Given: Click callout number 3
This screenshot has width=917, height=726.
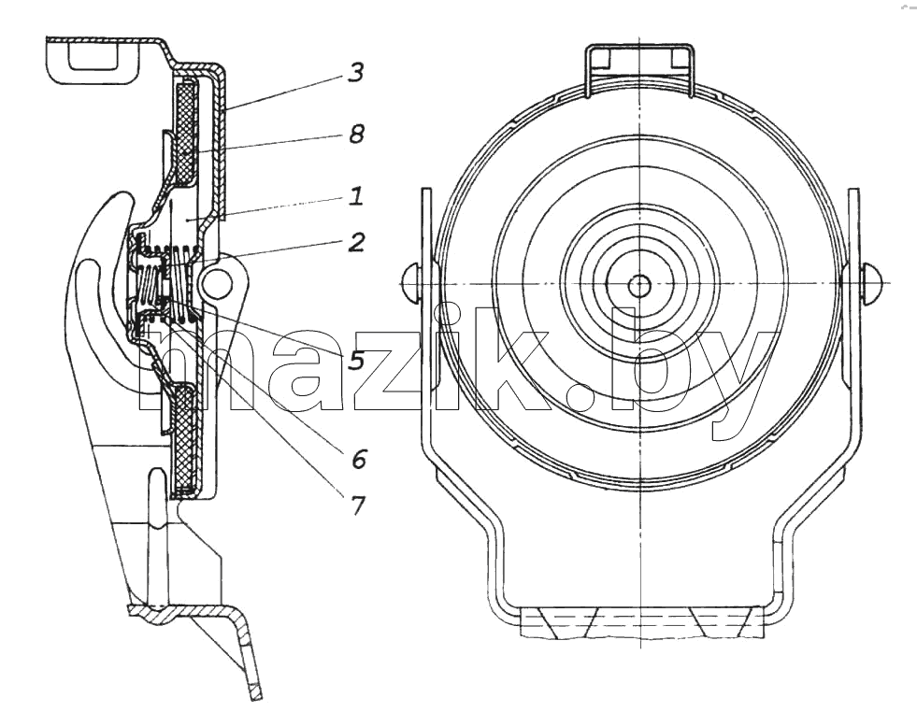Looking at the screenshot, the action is point(355,73).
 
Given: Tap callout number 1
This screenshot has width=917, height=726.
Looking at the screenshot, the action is point(356,196).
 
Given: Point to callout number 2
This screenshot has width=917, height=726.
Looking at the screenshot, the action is point(356,242).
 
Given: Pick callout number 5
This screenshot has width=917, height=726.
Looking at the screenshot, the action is point(356,361).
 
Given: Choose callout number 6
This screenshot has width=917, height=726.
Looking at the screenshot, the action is point(359,459).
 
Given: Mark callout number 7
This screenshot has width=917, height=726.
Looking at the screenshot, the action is point(357,505).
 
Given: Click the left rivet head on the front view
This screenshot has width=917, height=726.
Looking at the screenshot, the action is point(410,283).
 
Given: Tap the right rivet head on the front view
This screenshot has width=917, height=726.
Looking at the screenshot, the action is point(871,283).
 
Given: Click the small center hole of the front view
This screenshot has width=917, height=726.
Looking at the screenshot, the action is point(639,286).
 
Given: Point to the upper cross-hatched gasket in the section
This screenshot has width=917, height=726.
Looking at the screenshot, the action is point(187,132).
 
